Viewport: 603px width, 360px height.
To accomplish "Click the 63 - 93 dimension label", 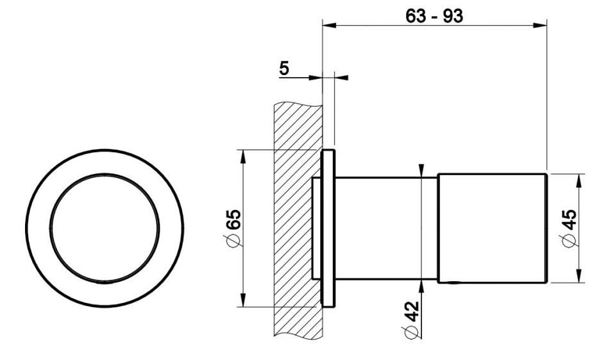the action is click(434, 16).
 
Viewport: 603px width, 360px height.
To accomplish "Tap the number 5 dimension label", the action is click(284, 68).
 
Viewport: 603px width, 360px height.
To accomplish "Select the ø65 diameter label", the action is click(233, 228).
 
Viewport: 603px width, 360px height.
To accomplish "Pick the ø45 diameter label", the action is click(569, 228).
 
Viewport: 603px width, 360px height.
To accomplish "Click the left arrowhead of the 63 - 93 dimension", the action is click(329, 26).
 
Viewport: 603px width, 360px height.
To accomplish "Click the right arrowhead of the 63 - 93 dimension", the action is click(539, 26).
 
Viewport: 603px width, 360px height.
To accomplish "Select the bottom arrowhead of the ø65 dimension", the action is click(242, 300).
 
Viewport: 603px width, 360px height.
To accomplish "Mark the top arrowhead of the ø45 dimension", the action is click(579, 181).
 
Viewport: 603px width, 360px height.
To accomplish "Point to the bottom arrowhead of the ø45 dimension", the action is click(579, 275).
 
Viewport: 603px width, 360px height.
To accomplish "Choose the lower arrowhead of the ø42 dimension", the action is click(421, 287).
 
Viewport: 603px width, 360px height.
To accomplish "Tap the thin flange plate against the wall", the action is click(328, 228).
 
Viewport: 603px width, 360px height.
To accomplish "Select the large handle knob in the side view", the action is click(492, 228).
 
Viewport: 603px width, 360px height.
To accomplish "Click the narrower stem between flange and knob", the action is click(386, 228).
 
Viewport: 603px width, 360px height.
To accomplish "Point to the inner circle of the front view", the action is click(105, 175).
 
